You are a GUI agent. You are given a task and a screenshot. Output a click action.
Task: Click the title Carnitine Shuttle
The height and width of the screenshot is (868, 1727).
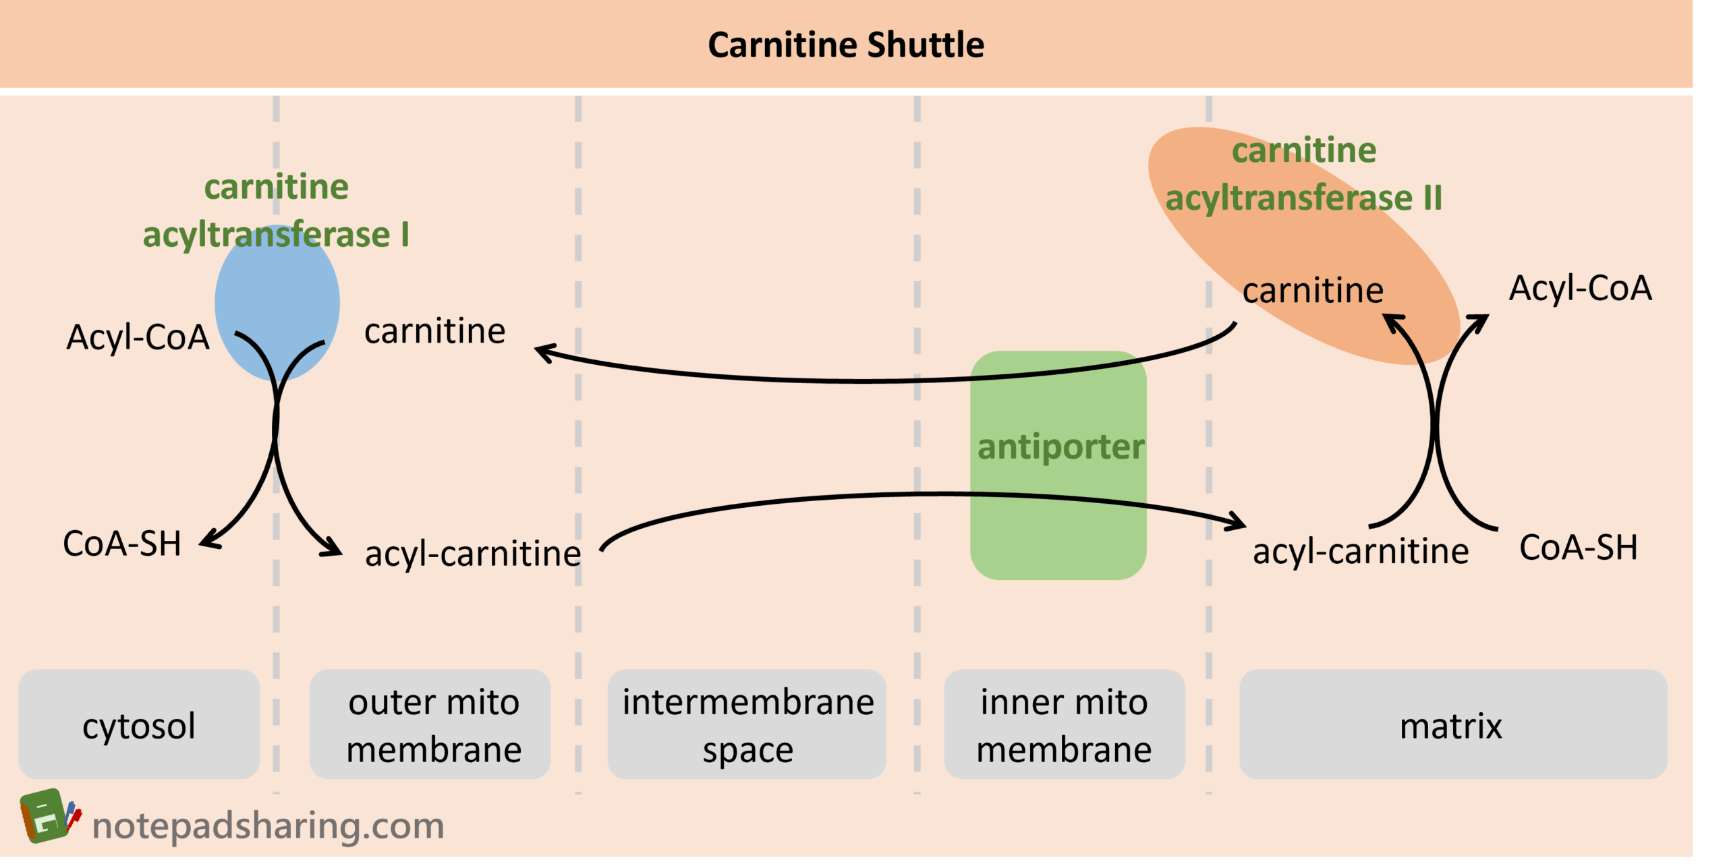click(x=845, y=45)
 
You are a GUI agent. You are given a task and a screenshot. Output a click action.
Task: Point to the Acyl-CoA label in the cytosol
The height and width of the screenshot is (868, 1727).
click(x=138, y=337)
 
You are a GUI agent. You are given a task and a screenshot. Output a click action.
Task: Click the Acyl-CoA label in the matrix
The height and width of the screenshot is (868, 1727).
click(x=1580, y=288)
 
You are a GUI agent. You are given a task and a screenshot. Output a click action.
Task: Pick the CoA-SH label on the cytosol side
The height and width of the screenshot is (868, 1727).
click(x=122, y=544)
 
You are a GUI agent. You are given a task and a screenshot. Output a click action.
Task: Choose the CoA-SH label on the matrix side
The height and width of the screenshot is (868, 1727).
click(x=1578, y=548)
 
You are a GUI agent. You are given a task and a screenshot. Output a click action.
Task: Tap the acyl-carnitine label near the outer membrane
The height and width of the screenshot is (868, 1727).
click(x=473, y=554)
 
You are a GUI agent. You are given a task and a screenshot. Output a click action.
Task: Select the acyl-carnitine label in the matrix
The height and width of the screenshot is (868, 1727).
click(x=1360, y=551)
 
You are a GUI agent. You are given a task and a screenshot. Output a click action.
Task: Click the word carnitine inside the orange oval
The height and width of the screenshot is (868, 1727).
click(x=1313, y=291)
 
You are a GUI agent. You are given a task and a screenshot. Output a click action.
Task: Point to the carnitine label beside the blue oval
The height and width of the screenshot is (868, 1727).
click(x=434, y=331)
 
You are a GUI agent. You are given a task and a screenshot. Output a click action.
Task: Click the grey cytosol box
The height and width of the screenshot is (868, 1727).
click(x=139, y=724)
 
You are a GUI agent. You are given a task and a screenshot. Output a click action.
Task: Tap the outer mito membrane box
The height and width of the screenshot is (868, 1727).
click(x=433, y=724)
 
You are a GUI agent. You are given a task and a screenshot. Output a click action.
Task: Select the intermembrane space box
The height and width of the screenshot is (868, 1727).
click(x=747, y=724)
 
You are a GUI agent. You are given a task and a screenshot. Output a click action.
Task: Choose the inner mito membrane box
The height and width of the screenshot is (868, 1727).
click(x=1064, y=724)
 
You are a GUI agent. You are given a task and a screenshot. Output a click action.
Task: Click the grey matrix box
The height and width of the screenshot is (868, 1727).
click(x=1452, y=724)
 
